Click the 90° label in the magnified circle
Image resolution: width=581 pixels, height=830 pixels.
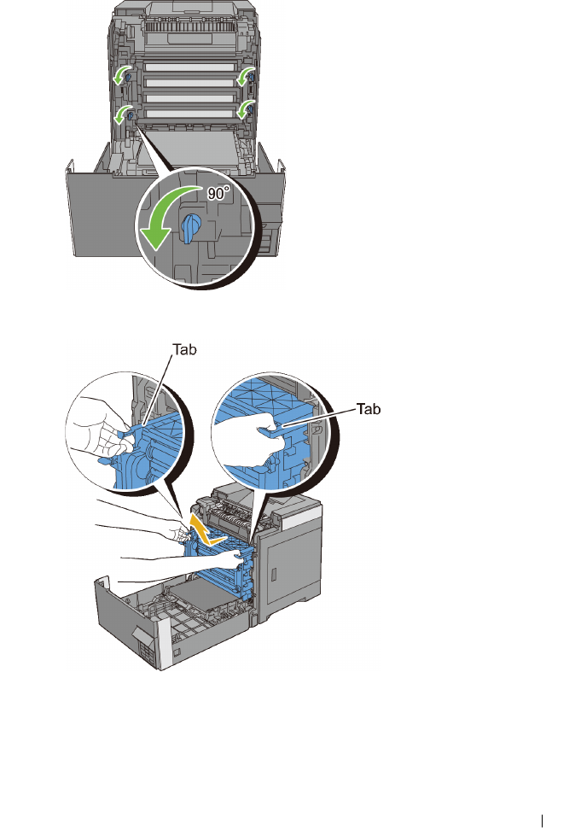[219, 195]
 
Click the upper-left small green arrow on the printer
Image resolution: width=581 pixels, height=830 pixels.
[121, 76]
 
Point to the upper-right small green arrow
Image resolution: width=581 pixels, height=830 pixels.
[247, 77]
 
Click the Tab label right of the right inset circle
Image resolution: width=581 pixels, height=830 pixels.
[368, 409]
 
